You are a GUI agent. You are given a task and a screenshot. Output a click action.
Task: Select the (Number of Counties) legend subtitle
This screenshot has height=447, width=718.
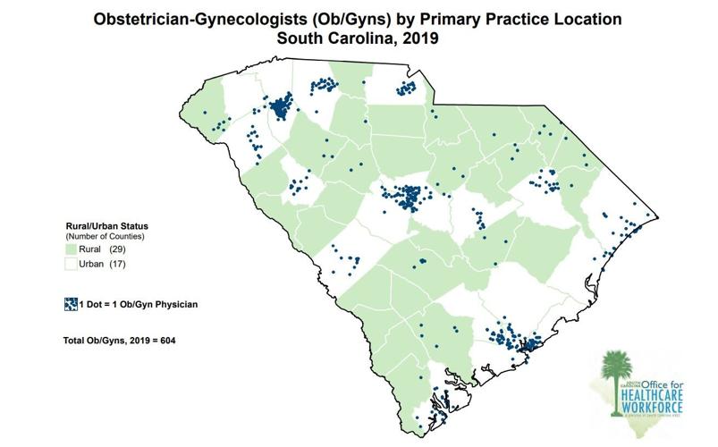coord(106,237)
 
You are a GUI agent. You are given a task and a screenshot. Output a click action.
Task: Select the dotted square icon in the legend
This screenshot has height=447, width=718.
coord(71,304)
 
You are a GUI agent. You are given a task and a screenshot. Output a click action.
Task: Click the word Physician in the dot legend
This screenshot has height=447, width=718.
coord(173,304)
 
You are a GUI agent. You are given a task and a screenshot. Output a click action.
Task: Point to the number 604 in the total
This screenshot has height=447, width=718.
coord(173,342)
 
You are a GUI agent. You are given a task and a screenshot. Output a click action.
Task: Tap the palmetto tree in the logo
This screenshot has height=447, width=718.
coord(612,380)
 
